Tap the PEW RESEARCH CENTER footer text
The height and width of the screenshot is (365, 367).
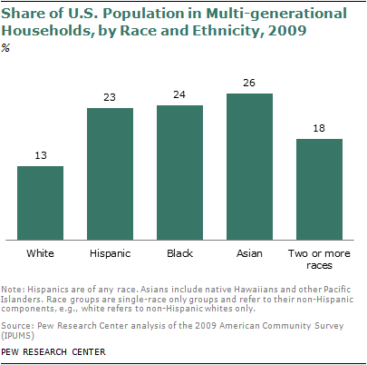pyautogui.click(x=53, y=350)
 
